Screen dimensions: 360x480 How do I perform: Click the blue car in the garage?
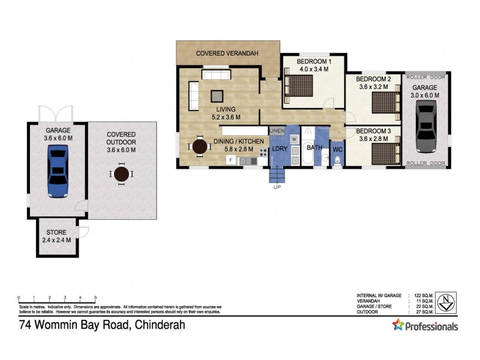point(58,173)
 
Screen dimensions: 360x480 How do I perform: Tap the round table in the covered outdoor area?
point(122,175)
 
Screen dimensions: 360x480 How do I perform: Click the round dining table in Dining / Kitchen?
point(198,146)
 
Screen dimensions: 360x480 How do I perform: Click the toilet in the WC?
point(337,160)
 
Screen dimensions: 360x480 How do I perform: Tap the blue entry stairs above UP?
point(277,175)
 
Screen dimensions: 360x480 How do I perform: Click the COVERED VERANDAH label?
point(227,53)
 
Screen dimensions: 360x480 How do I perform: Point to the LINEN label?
point(277,130)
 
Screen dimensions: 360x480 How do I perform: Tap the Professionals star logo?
point(398,325)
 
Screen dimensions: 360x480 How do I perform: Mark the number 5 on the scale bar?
point(95,298)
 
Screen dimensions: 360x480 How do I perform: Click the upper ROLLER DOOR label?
point(425,77)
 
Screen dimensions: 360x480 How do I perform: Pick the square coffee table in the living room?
point(216,95)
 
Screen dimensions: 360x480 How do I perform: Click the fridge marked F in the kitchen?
point(230,160)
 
